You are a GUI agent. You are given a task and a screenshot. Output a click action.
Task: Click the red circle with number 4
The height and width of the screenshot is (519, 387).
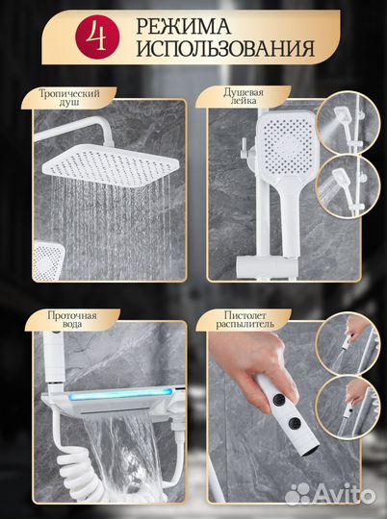97,37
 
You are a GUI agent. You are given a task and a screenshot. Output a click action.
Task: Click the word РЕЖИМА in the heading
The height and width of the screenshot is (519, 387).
183,27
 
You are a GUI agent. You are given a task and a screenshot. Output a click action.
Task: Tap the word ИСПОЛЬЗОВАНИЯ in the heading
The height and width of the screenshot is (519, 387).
225,49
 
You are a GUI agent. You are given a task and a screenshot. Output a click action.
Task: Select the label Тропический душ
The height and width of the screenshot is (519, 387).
69,97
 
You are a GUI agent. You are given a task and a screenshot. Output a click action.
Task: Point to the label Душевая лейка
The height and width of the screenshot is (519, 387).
244,96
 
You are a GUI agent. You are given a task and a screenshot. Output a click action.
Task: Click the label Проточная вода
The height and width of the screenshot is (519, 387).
72,319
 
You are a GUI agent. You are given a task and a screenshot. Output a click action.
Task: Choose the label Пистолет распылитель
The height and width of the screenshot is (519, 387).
245,319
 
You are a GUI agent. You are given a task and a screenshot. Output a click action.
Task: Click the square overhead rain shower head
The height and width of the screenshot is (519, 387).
111,164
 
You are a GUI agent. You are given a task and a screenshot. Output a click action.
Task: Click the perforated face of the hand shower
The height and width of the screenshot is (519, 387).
287,146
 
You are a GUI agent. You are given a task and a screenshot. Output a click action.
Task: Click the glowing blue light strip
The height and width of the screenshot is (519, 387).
122,394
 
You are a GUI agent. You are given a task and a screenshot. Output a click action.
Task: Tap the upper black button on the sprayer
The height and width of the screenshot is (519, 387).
279,399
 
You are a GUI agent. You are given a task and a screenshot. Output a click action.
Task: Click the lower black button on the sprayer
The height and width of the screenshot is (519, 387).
295,423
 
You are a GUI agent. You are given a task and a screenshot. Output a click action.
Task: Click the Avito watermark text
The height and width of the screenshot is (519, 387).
344,496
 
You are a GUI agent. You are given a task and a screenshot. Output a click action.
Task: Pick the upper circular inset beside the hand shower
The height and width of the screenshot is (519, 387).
348,123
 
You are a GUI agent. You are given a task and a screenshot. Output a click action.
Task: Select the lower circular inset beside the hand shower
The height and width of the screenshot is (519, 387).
348,187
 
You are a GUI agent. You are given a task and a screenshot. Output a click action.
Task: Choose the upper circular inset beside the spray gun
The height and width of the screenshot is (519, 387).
348,345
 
